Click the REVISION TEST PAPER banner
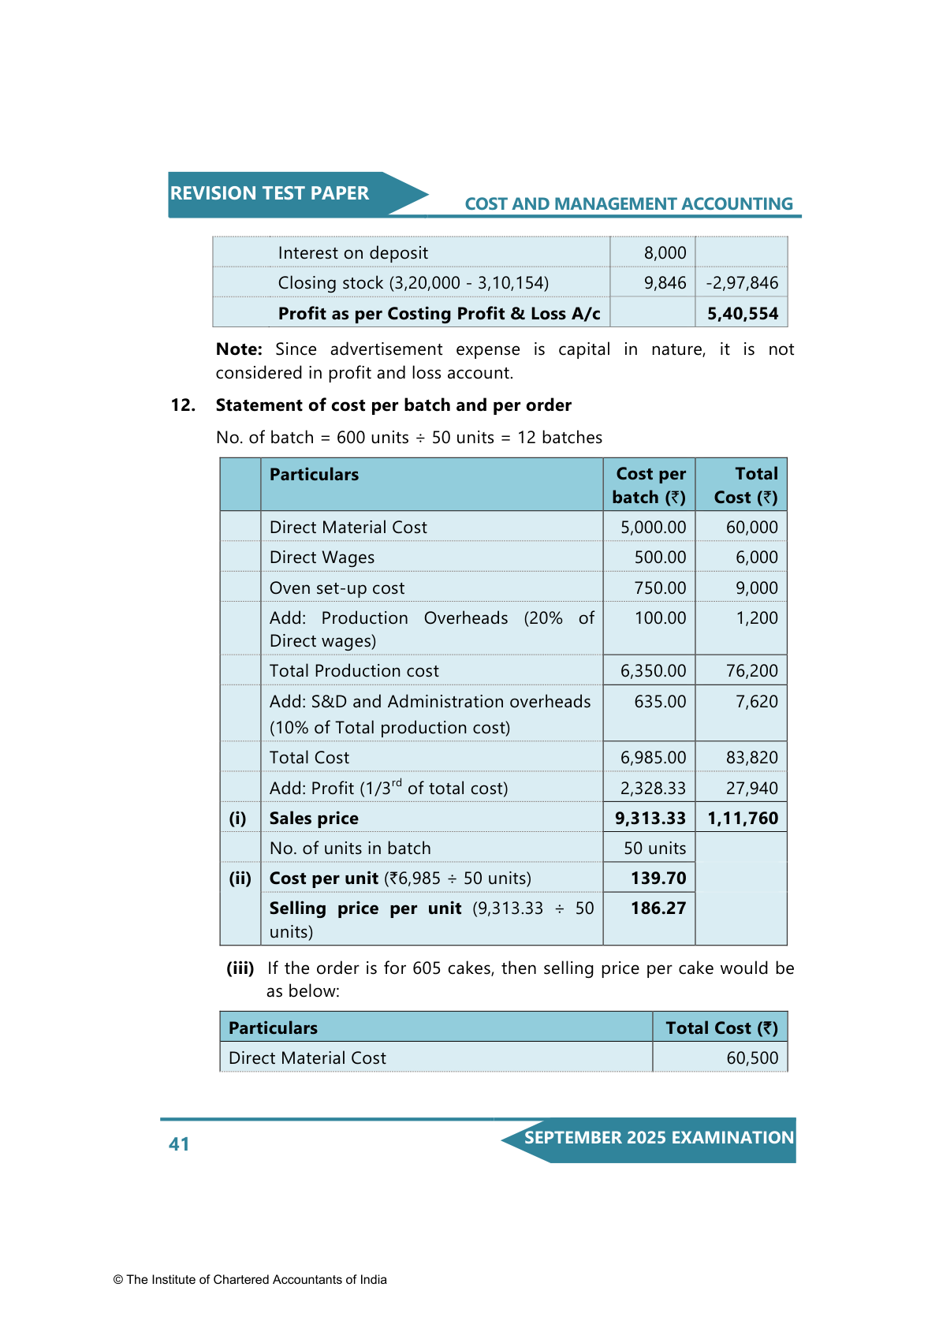pyautogui.click(x=270, y=193)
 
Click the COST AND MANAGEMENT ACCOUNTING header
pyautogui.click(x=628, y=204)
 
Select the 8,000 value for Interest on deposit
pyautogui.click(x=665, y=253)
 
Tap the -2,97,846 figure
pyautogui.click(x=742, y=283)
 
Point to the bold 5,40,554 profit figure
pyautogui.click(x=743, y=314)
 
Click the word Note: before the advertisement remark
pyautogui.click(x=239, y=349)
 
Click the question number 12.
pyautogui.click(x=183, y=405)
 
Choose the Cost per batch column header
pyautogui.click(x=650, y=485)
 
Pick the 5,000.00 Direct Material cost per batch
pyautogui.click(x=653, y=528)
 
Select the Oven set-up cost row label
pyautogui.click(x=337, y=588)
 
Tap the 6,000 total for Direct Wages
pyautogui.click(x=756, y=558)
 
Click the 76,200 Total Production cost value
pyautogui.click(x=751, y=671)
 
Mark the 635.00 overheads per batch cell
pyautogui.click(x=660, y=702)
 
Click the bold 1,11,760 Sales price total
pyautogui.click(x=743, y=819)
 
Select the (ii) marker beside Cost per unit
pyautogui.click(x=240, y=878)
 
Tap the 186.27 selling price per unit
pyautogui.click(x=658, y=908)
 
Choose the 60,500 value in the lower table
pyautogui.click(x=752, y=1058)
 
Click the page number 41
pyautogui.click(x=179, y=1144)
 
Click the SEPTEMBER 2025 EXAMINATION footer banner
pyautogui.click(x=658, y=1138)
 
